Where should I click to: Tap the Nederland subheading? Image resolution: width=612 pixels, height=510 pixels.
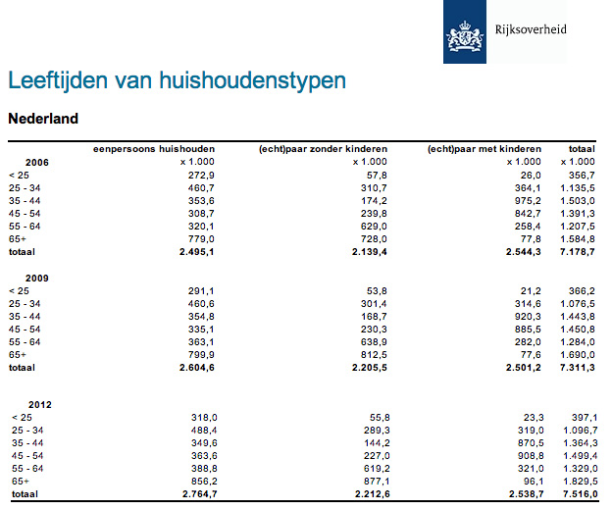tap(43, 120)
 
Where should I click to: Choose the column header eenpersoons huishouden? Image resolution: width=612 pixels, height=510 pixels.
tap(154, 149)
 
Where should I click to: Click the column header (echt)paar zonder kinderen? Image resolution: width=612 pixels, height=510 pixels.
tap(323, 149)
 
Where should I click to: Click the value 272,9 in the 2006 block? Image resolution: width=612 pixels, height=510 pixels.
tap(200, 174)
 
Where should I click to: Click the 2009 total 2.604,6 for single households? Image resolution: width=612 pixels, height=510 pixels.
tap(194, 368)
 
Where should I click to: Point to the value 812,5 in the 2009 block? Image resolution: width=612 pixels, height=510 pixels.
tap(372, 355)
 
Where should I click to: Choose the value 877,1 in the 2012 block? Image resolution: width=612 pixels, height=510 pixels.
tap(372, 481)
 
